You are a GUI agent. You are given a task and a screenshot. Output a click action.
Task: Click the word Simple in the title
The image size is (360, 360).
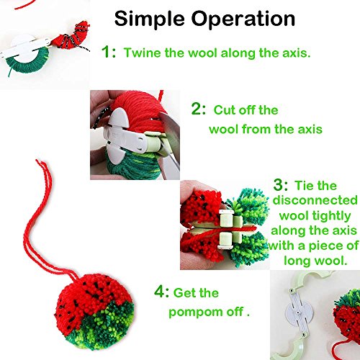tap(150, 19)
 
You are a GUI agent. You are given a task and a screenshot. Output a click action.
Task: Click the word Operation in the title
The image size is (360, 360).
tap(243, 19)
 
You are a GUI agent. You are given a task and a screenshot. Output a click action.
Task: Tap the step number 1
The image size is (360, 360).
tap(106, 51)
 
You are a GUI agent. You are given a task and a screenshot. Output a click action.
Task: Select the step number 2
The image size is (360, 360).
tap(196, 109)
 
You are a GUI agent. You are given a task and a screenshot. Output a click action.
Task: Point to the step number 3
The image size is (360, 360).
tap(278, 185)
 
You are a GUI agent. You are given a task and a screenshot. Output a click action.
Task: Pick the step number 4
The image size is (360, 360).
tap(158, 292)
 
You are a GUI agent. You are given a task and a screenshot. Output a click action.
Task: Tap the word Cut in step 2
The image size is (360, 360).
tap(225, 110)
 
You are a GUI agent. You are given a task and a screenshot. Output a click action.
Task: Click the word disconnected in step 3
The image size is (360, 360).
tap(315, 200)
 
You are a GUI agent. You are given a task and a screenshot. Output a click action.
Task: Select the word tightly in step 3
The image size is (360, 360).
tap(332, 216)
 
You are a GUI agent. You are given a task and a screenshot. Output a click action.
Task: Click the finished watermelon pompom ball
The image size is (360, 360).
tap(94, 312)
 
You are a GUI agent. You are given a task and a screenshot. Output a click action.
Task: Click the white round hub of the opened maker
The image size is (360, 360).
tap(297, 312)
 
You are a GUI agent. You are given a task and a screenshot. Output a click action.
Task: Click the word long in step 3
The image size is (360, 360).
tap(293, 261)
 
